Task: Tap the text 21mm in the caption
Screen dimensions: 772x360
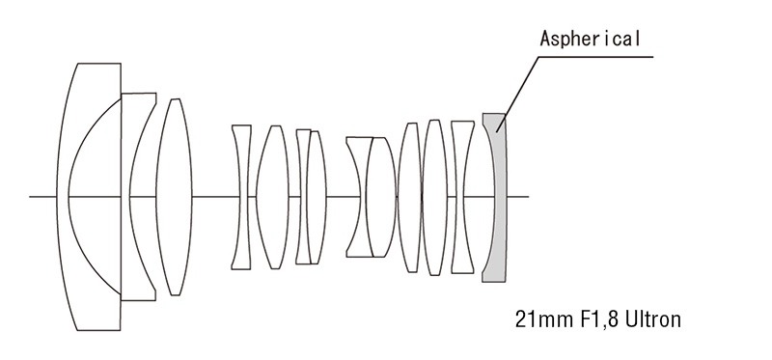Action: click(536, 318)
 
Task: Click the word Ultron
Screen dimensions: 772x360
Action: click(650, 318)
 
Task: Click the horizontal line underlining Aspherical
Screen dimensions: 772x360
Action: click(598, 56)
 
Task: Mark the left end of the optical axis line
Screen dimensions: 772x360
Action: click(31, 197)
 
